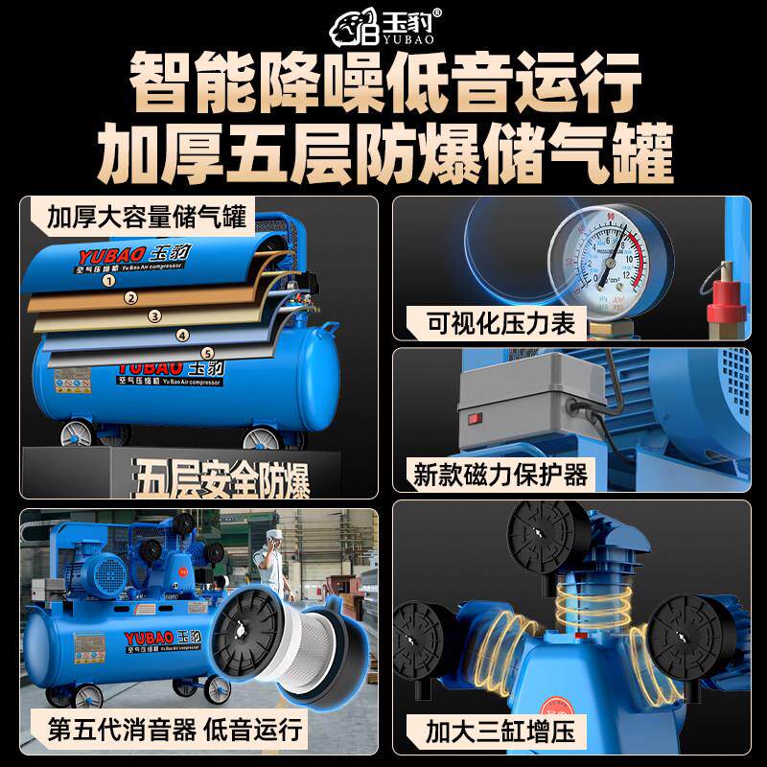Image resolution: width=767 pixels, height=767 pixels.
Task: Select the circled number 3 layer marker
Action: tap(154, 315)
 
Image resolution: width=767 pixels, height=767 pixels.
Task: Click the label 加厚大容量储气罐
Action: tap(147, 215)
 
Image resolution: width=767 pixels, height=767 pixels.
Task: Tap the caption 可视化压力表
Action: tap(500, 323)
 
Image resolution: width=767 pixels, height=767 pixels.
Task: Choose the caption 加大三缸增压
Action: tap(500, 733)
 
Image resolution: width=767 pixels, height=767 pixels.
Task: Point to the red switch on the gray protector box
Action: tap(472, 419)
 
